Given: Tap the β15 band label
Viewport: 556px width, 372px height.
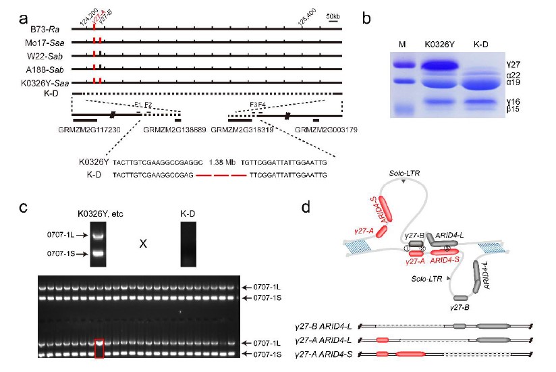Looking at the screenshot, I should (x=513, y=109).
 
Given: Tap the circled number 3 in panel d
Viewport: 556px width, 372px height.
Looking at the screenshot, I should (x=446, y=248).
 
